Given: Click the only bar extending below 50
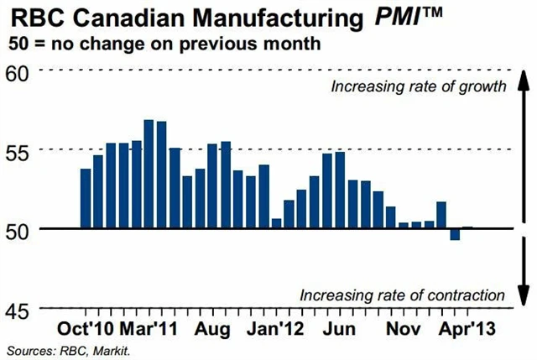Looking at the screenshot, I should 455,234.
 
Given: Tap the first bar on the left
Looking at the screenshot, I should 85,198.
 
